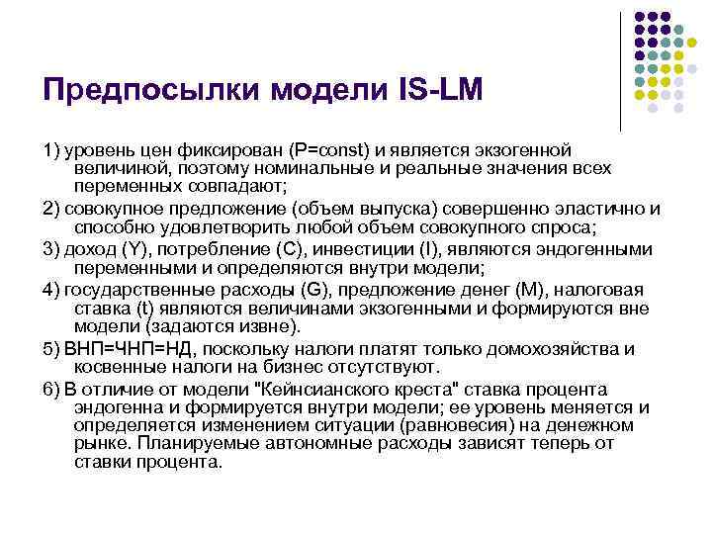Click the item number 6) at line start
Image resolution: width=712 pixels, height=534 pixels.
(52, 389)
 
